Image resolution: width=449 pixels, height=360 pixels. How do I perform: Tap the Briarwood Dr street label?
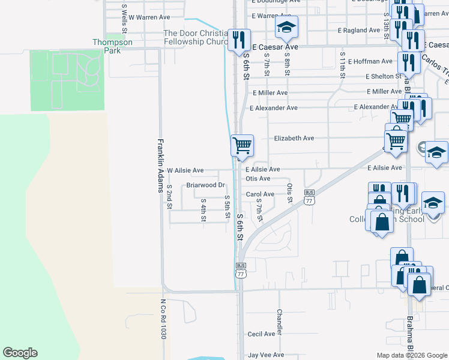[x=205, y=185]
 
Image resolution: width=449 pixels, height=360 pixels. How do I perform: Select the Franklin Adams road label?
[x=161, y=166]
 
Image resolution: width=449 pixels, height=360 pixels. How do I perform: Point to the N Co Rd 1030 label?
[x=163, y=319]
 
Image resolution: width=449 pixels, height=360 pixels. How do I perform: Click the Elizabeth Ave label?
[x=294, y=138]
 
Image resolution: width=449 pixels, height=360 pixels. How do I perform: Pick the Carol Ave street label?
[x=260, y=194]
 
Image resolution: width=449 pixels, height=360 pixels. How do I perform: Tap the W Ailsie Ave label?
[x=185, y=170]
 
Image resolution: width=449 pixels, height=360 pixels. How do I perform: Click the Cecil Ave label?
[x=261, y=334]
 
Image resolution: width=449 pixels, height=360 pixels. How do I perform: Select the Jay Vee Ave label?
[x=266, y=355]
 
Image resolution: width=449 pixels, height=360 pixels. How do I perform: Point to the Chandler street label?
[x=280, y=322]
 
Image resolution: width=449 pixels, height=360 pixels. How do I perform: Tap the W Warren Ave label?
[x=149, y=17]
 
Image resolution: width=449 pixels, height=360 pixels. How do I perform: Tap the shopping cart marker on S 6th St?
[x=242, y=145]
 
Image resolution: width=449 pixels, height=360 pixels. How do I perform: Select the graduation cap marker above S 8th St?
[x=286, y=26]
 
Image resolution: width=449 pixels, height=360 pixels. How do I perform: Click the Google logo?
[x=20, y=353]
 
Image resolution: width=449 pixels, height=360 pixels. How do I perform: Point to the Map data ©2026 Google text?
[x=412, y=355]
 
